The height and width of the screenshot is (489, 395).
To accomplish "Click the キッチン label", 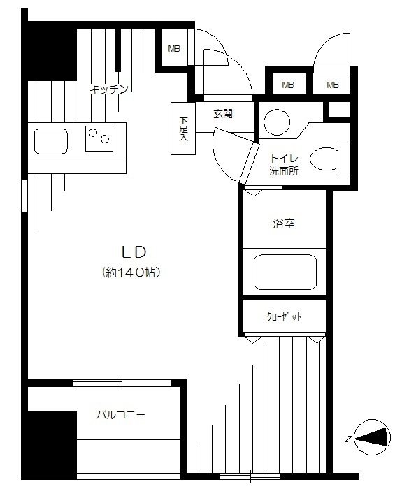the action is pyautogui.click(x=109, y=89).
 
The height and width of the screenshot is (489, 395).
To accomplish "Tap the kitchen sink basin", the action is pyautogui.click(x=51, y=141).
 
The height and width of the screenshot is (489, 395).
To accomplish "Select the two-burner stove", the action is pyautogui.click(x=99, y=139).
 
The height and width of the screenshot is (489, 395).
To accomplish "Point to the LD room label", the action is pyautogui.click(x=134, y=252).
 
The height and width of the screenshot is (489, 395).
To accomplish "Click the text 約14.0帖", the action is pyautogui.click(x=131, y=272).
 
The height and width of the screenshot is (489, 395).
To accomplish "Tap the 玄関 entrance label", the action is pyautogui.click(x=223, y=114).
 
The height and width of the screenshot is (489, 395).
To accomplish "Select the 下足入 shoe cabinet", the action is pyautogui.click(x=183, y=129).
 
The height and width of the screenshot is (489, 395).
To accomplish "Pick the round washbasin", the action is pyautogui.click(x=277, y=122).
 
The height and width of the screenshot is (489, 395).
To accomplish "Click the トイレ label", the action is pyautogui.click(x=284, y=159).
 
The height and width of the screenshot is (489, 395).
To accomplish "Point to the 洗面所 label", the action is pyautogui.click(x=284, y=171).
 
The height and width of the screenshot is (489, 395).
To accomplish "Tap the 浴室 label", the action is pyautogui.click(x=284, y=224).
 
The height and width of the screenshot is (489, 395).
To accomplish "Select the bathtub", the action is pyautogui.click(x=285, y=272).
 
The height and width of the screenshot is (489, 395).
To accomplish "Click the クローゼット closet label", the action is pyautogui.click(x=285, y=317).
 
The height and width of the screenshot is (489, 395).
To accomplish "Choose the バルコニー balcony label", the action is pyautogui.click(x=121, y=415).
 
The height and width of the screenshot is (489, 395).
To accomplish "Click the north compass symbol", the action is pyautogui.click(x=373, y=437).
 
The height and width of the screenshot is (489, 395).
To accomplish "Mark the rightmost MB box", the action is pyautogui.click(x=333, y=85).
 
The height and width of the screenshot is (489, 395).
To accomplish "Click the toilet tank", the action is pyautogui.click(x=344, y=159).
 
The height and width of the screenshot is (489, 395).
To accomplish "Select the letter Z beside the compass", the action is pyautogui.click(x=349, y=439).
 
